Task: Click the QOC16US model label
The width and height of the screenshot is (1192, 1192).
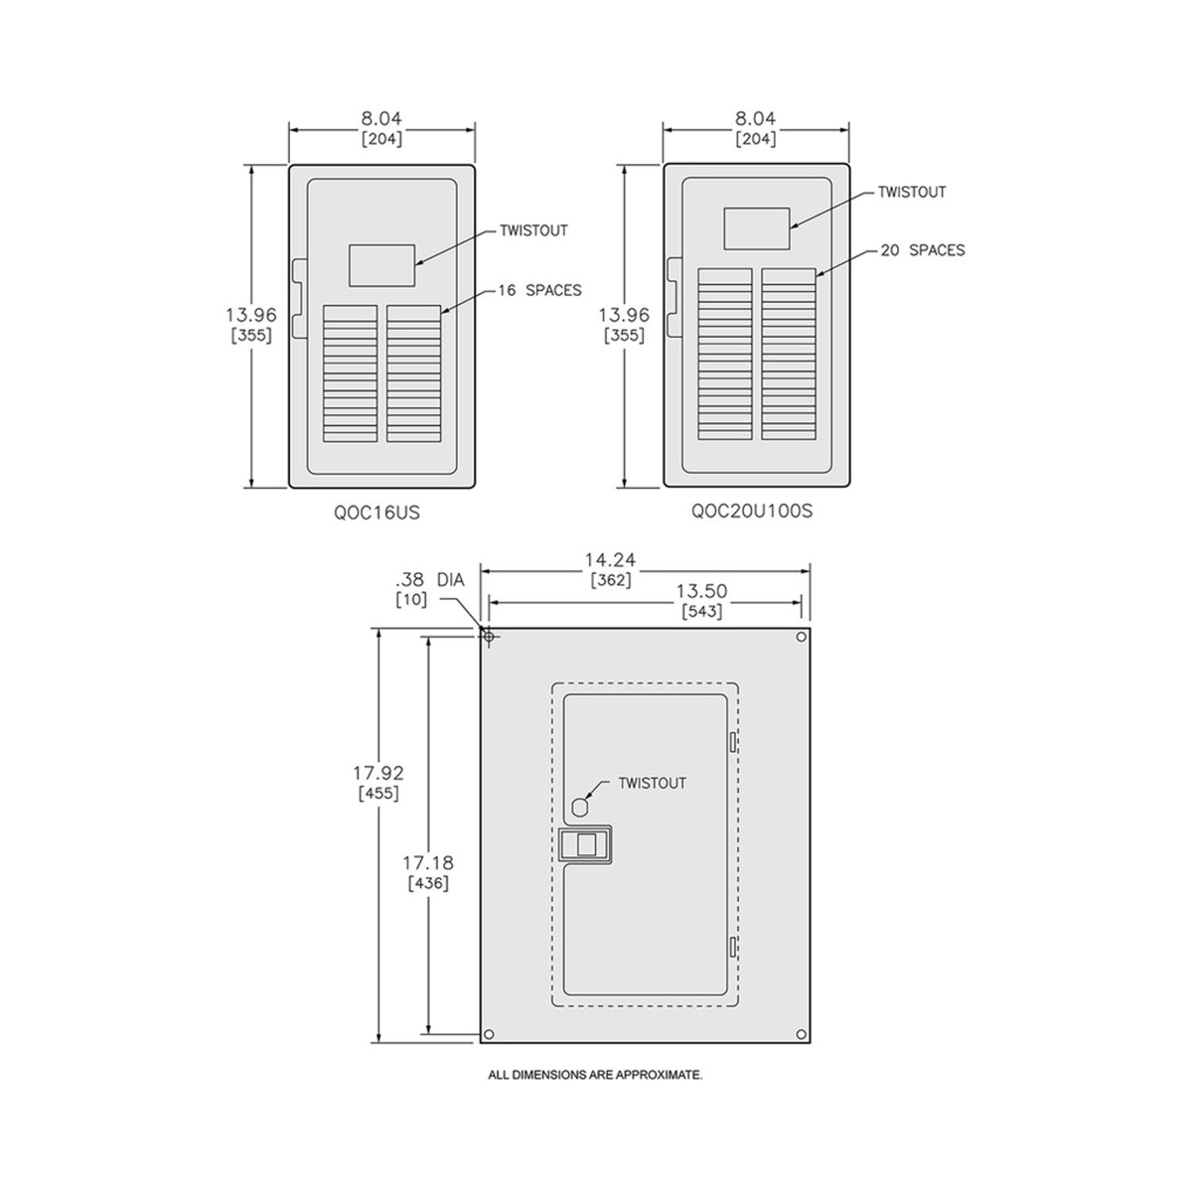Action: click(376, 513)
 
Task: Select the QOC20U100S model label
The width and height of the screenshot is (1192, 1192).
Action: click(752, 512)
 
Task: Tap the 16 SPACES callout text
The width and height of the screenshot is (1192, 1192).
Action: click(540, 290)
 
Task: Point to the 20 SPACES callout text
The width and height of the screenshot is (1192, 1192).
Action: click(923, 250)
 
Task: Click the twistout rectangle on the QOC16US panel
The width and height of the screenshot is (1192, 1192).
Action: click(381, 265)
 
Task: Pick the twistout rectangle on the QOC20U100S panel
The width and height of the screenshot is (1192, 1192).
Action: click(757, 228)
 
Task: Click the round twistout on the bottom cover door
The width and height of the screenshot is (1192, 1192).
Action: click(579, 807)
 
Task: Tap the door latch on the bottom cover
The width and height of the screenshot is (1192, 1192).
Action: click(584, 844)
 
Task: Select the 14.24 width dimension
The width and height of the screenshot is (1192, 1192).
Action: click(611, 560)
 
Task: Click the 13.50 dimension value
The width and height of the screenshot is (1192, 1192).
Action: click(701, 591)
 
